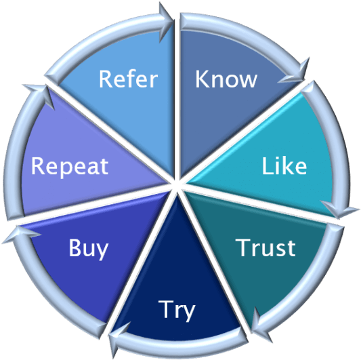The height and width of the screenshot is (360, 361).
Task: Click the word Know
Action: [226, 79]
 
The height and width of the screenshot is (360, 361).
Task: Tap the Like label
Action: [284, 165]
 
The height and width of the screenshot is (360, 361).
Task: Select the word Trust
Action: [266, 247]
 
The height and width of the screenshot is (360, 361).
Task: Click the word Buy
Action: [88, 248]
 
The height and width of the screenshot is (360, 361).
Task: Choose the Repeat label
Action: [70, 166]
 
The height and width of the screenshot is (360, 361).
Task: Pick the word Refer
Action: [128, 79]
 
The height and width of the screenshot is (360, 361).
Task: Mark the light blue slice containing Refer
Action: [129, 102]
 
